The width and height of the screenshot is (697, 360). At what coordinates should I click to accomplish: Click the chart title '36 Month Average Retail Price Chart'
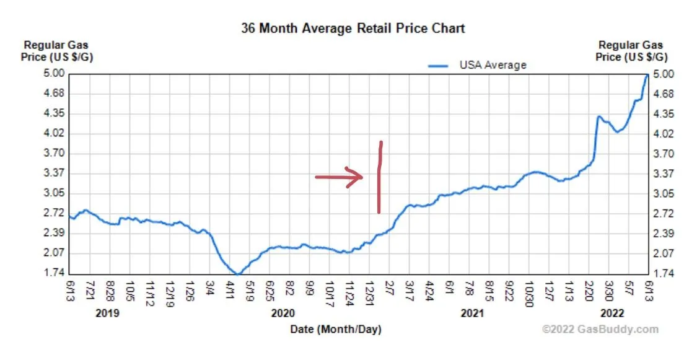coord(353,29)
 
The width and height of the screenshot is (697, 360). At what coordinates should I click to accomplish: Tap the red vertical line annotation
coord(379,177)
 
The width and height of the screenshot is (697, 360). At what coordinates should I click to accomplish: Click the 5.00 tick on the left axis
coord(55,74)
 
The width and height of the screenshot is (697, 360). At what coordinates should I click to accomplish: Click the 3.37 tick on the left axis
coord(55,173)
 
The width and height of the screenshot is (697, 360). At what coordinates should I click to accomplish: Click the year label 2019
coord(108,314)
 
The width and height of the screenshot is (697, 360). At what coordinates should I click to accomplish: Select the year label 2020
coord(284,314)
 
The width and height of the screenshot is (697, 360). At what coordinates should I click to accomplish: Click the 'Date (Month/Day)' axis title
coord(336,330)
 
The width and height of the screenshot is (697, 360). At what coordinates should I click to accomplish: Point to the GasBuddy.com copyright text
coord(600,330)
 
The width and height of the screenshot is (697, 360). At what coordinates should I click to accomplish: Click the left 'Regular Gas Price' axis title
coord(56,50)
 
